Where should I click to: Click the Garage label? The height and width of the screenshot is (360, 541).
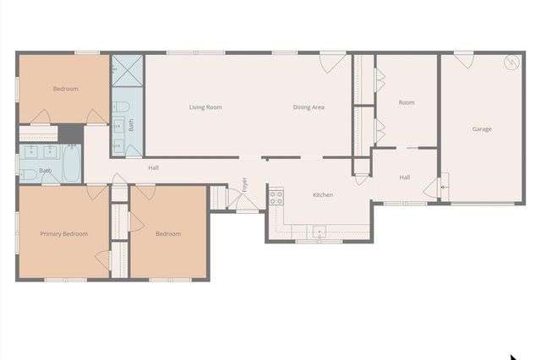pos(482,129)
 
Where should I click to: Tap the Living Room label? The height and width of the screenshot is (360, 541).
pos(205,107)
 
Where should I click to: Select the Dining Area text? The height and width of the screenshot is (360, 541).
pos(309,107)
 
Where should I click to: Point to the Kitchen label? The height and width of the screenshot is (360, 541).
pos(323,195)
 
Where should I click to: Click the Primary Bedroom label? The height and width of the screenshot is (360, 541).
pos(64,234)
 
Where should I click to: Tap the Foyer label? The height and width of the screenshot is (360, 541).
pos(245,183)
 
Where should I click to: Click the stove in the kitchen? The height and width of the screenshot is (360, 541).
pos(276,198)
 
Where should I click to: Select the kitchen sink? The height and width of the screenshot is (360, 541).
pos(320,232)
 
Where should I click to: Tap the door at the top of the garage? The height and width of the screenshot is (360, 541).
pos(463,60)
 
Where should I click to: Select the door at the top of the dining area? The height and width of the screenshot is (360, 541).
pos(332,61)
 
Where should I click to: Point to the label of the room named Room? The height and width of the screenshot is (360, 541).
pos(407,103)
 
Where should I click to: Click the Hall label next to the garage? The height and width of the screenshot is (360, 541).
pos(405,177)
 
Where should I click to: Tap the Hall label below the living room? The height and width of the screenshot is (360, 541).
pos(153,167)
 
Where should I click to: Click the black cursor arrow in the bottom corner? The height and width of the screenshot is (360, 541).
pos(513,357)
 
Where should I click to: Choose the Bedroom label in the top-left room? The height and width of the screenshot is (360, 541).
pos(66,89)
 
